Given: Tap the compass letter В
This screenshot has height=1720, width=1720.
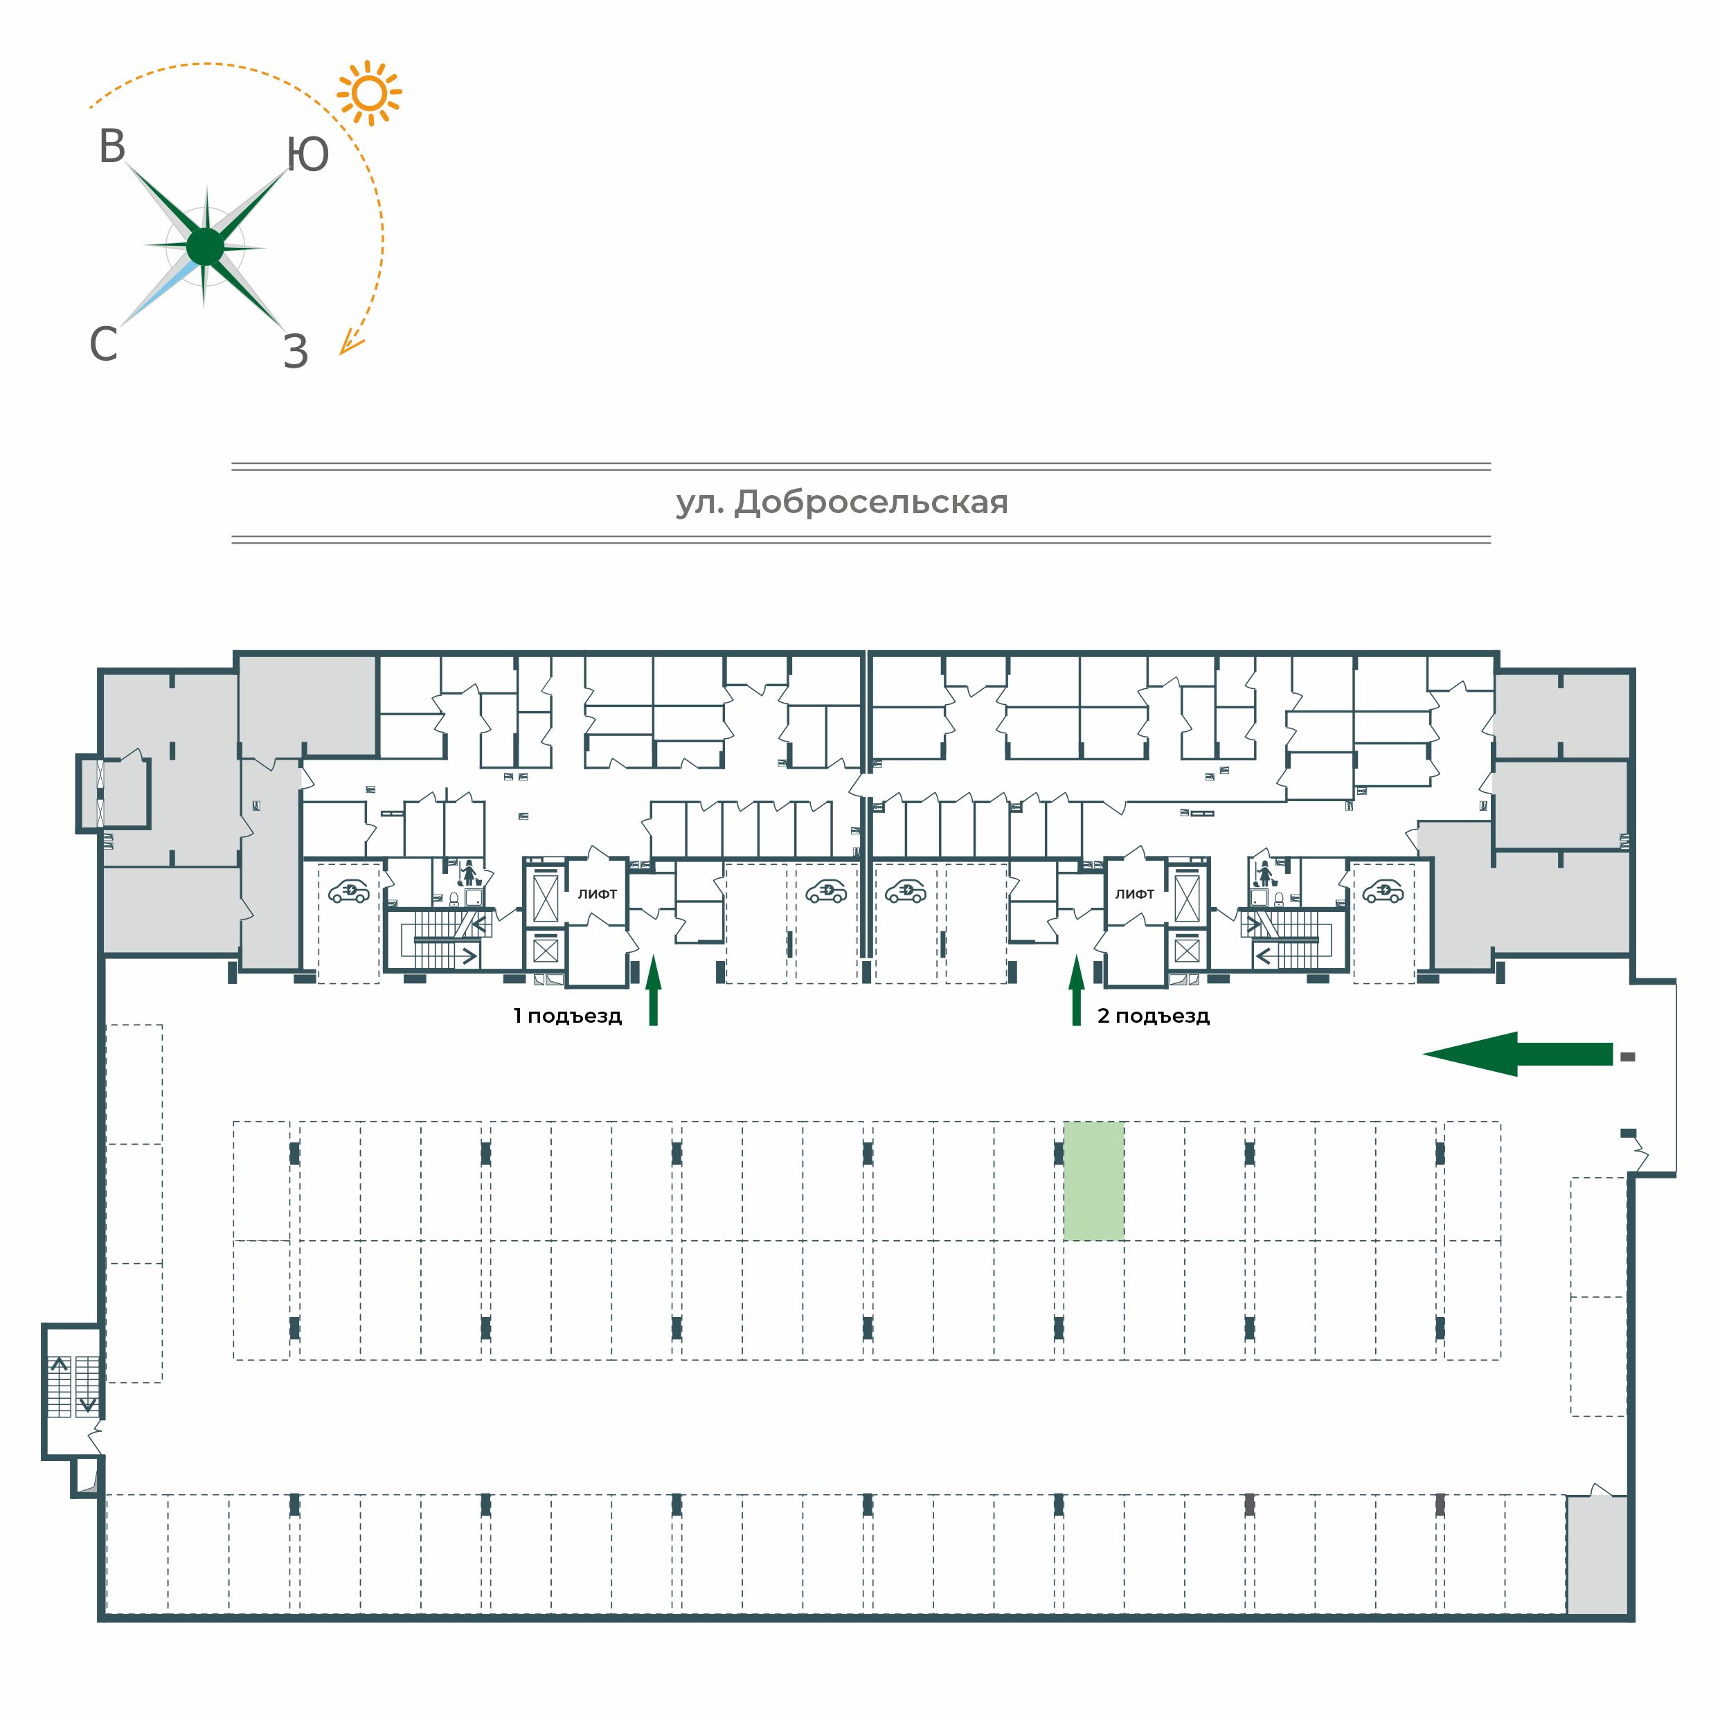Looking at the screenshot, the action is pyautogui.click(x=112, y=147).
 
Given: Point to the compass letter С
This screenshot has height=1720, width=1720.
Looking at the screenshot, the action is pyautogui.click(x=103, y=343).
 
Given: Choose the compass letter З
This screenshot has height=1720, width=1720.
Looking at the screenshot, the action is pyautogui.click(x=296, y=352).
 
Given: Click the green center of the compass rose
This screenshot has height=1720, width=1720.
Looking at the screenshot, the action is pyautogui.click(x=206, y=247).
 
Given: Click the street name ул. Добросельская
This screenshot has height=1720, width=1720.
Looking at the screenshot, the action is pyautogui.click(x=842, y=503).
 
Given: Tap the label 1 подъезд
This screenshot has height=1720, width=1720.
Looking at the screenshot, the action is pyautogui.click(x=567, y=1016).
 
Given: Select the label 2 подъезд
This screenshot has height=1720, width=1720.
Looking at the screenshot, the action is pyautogui.click(x=1153, y=1016).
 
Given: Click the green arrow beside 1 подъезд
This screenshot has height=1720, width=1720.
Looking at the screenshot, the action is pyautogui.click(x=654, y=990).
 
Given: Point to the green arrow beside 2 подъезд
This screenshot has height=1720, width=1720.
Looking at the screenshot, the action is pyautogui.click(x=1076, y=990).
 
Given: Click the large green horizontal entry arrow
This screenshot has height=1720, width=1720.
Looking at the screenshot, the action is pyautogui.click(x=1517, y=1054).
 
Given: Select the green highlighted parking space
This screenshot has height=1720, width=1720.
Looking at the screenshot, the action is pyautogui.click(x=1094, y=1181).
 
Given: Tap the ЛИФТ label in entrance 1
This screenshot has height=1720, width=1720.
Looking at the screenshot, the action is pyautogui.click(x=598, y=894).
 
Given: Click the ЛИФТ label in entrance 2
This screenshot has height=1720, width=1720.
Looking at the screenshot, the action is pyautogui.click(x=1134, y=894).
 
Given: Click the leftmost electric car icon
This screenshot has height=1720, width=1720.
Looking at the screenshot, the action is pyautogui.click(x=349, y=891).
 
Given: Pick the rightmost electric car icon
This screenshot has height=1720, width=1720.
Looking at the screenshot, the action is pyautogui.click(x=1383, y=891).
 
